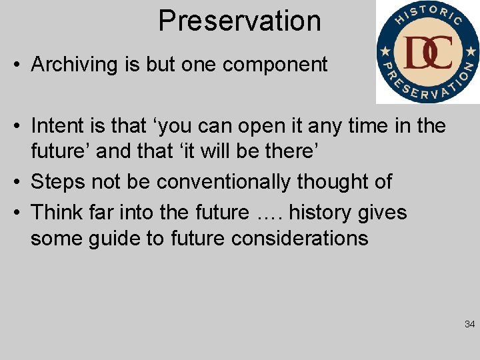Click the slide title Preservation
[239, 21]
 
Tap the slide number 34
[469, 325]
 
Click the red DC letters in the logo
[428, 53]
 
